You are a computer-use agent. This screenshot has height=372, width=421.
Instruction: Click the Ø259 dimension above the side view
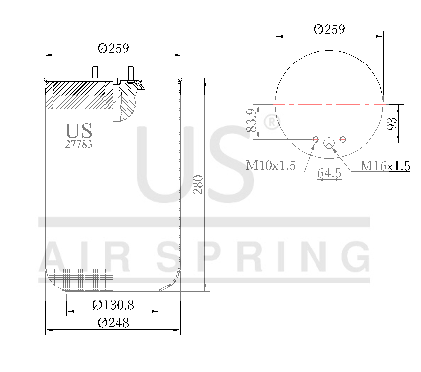[113, 48]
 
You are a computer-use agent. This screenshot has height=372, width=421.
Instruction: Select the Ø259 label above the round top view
[329, 29]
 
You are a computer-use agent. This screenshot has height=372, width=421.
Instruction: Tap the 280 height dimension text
[198, 185]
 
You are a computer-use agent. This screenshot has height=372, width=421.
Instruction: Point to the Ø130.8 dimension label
[113, 304]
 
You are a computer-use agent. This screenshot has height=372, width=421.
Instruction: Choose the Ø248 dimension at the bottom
[113, 323]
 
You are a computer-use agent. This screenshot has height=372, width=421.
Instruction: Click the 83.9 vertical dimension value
[252, 121]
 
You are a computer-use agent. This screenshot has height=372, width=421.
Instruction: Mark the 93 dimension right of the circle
[392, 124]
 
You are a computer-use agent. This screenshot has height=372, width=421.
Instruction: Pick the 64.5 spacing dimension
[329, 173]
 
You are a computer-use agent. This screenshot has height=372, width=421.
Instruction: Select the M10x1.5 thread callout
[270, 165]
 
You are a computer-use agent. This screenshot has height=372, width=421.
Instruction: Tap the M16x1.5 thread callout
[385, 165]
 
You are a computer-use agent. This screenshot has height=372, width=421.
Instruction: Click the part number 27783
[79, 144]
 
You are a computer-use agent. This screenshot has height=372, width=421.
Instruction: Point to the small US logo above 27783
[79, 130]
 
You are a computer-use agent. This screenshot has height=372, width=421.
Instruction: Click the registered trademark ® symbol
[270, 123]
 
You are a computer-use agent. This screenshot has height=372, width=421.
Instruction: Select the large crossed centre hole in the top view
[329, 143]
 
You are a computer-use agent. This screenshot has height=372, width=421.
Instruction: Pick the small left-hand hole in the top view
[315, 139]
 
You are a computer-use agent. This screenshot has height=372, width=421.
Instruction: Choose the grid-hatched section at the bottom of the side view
[79, 279]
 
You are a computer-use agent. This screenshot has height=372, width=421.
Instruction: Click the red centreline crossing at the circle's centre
[329, 104]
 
